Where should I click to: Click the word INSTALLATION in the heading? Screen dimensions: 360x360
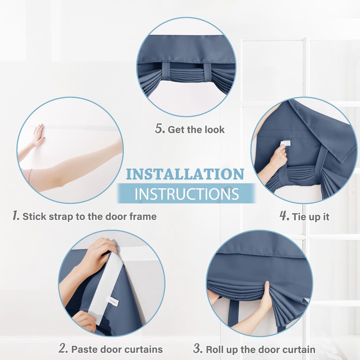(x=185, y=174)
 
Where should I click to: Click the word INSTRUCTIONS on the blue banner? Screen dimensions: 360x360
(x=187, y=194)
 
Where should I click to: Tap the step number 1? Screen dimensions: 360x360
(x=16, y=216)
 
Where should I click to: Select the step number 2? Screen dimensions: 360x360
(x=63, y=348)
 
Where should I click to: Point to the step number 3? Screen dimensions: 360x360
(x=198, y=348)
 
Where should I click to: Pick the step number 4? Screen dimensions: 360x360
(x=284, y=216)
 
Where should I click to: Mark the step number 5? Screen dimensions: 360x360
(x=160, y=129)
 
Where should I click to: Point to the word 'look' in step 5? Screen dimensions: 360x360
(x=215, y=130)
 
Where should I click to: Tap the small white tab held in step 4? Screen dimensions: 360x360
(x=286, y=144)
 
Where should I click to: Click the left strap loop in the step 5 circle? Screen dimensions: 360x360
(x=166, y=72)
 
